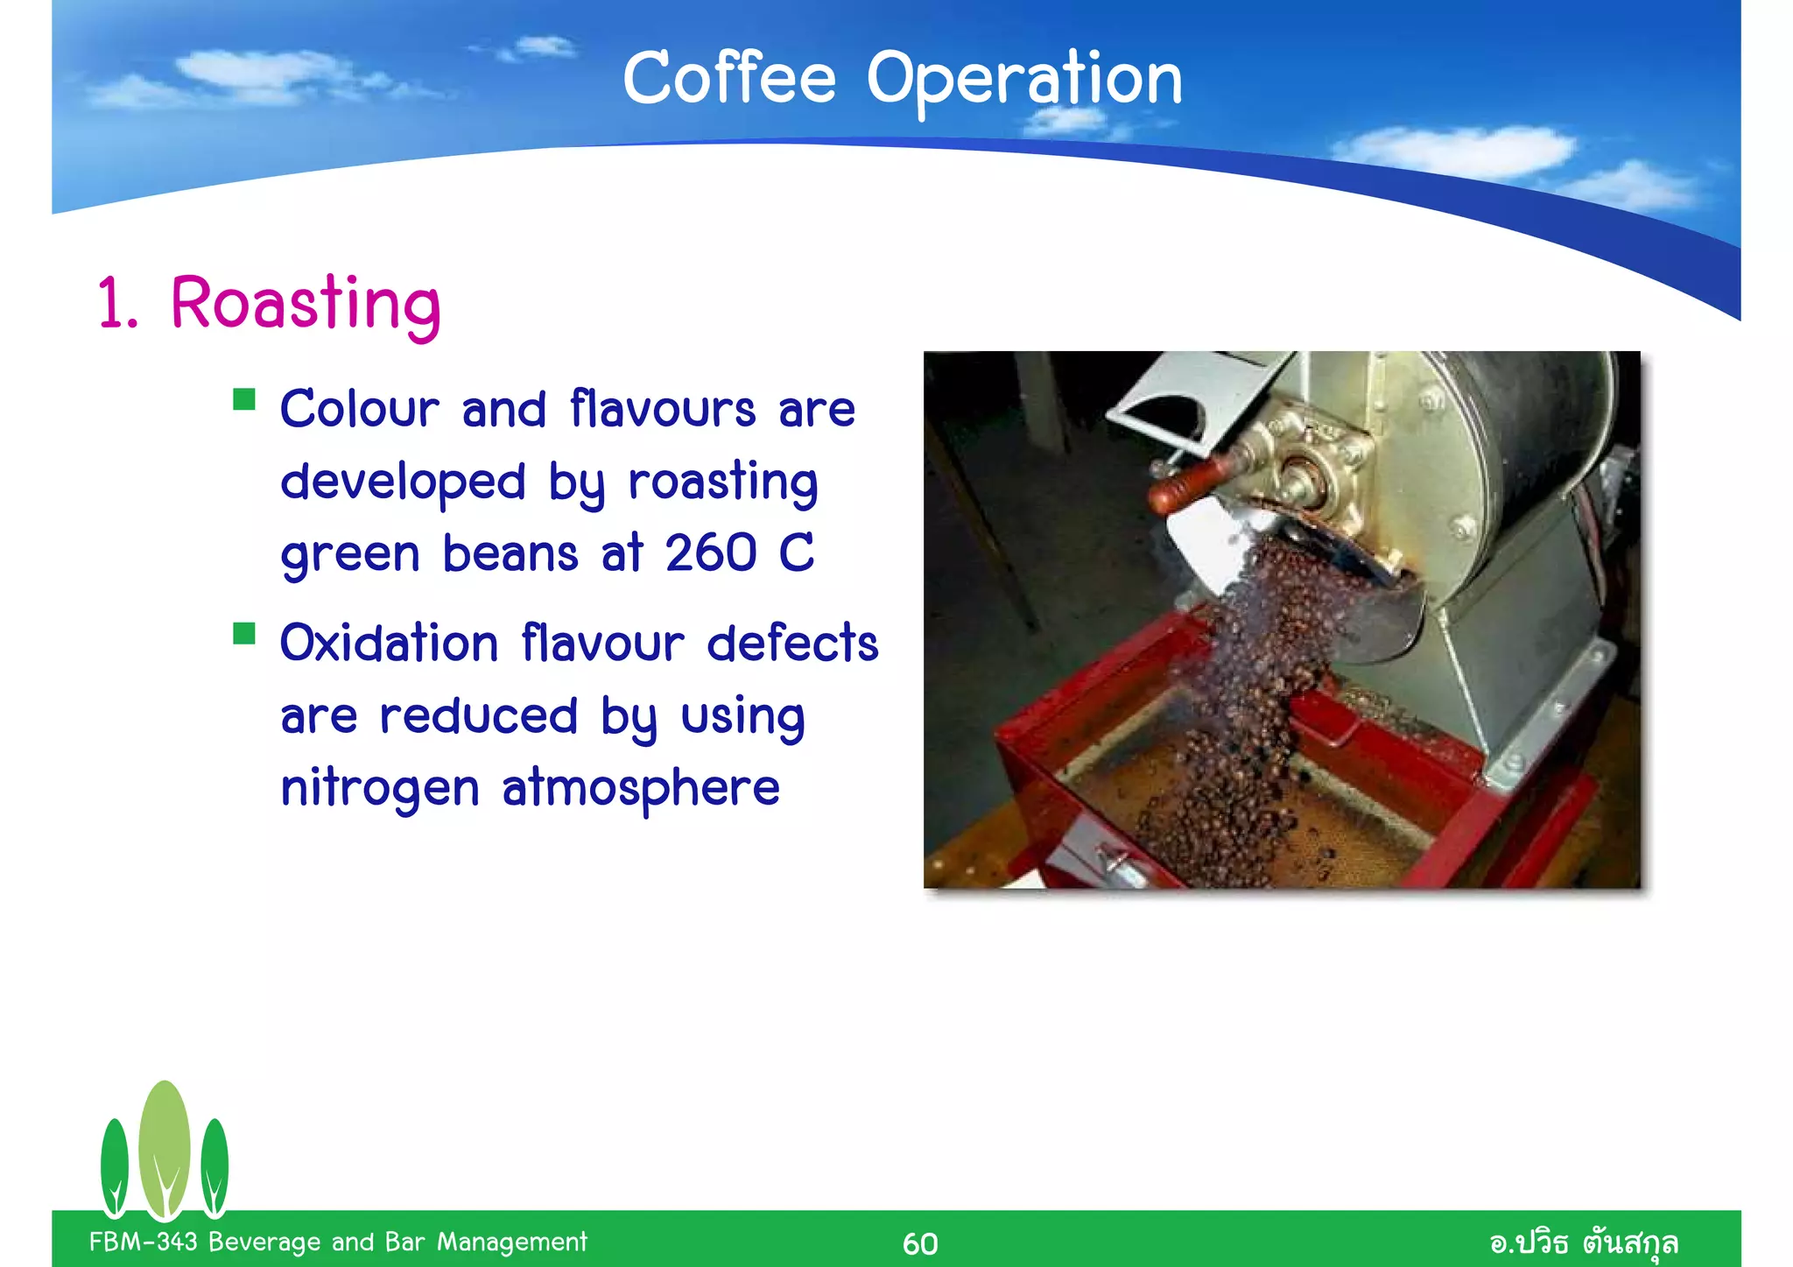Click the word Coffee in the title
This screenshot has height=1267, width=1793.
pyautogui.click(x=728, y=79)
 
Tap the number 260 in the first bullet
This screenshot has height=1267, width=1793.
pyautogui.click(x=710, y=553)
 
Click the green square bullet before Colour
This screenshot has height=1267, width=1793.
pyautogui.click(x=244, y=400)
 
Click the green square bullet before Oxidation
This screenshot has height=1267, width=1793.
pyautogui.click(x=244, y=633)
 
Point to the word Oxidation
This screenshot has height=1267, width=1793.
pyautogui.click(x=389, y=644)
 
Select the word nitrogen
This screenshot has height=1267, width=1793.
pyautogui.click(x=379, y=788)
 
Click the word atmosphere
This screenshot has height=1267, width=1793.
pyautogui.click(x=640, y=788)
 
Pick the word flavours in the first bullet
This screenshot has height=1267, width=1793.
pyautogui.click(x=662, y=410)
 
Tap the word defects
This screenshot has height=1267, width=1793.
pyautogui.click(x=791, y=644)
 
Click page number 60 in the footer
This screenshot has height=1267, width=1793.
pyautogui.click(x=920, y=1243)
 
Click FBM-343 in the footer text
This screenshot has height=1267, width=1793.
pyautogui.click(x=143, y=1242)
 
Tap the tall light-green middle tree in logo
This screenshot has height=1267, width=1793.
pyautogui.click(x=165, y=1147)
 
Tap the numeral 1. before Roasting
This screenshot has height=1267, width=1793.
pyautogui.click(x=117, y=305)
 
